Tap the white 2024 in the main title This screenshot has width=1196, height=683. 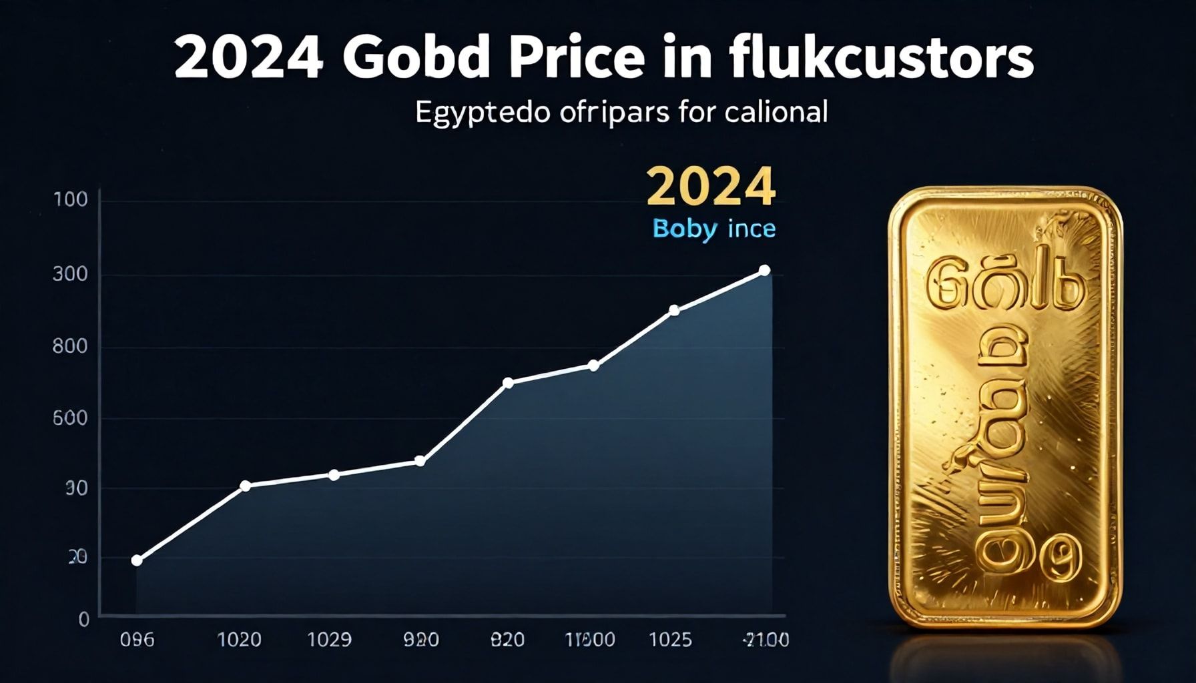coord(249,58)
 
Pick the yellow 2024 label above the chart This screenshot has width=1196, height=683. coord(711,187)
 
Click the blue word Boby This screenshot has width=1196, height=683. coord(685,229)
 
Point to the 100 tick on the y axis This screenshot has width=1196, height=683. coord(71,199)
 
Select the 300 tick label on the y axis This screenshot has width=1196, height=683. coord(71,274)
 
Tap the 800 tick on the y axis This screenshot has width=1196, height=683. coord(71,346)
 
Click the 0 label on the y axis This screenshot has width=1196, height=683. coord(83,620)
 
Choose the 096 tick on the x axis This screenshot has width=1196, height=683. coord(137,640)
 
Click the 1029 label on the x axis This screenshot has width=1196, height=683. coord(329,640)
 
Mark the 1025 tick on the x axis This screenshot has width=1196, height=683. coord(670,640)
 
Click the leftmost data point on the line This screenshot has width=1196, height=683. coord(137,560)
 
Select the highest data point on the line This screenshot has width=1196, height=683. coord(765,270)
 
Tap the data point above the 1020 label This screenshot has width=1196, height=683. coord(245,486)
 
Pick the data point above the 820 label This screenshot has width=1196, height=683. coord(508,383)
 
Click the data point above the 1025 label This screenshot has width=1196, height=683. coord(674,310)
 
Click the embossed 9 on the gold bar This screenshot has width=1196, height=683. coord(1061,559)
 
